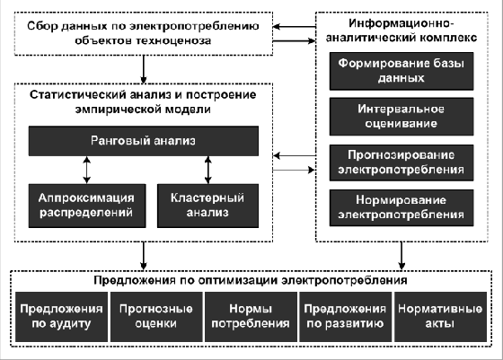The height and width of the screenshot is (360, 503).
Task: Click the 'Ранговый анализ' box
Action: click(144, 141)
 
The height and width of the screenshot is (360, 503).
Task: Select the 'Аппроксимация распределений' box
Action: click(87, 206)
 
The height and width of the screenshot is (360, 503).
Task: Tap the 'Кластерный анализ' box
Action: click(207, 206)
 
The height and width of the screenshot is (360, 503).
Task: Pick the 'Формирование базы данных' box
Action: click(402, 71)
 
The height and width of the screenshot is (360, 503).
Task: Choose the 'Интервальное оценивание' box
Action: click(402, 117)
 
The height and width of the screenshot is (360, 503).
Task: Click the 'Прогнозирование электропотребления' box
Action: click(402, 162)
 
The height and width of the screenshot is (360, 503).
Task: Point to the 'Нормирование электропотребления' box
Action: click(402, 207)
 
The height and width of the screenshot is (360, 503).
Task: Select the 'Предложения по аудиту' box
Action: click(61, 316)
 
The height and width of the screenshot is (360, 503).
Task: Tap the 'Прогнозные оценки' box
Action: click(156, 316)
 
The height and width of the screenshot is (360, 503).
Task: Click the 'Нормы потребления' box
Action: click(251, 316)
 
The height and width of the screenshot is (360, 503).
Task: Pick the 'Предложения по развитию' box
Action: click(345, 316)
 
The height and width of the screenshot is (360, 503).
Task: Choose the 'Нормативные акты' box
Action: click(440, 316)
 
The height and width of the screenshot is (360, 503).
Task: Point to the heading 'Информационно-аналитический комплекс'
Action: click(402, 31)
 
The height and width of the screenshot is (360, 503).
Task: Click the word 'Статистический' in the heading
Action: click(76, 95)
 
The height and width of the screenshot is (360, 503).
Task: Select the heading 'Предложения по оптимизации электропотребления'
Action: click(251, 280)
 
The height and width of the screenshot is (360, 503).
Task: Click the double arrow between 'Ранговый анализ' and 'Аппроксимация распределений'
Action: click(86, 170)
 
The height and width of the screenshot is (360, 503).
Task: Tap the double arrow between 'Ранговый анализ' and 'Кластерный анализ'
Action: click(207, 170)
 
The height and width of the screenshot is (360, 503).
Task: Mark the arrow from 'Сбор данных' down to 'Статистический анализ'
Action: click(144, 69)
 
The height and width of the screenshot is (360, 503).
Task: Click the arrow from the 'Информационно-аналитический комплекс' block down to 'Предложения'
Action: click(402, 256)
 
